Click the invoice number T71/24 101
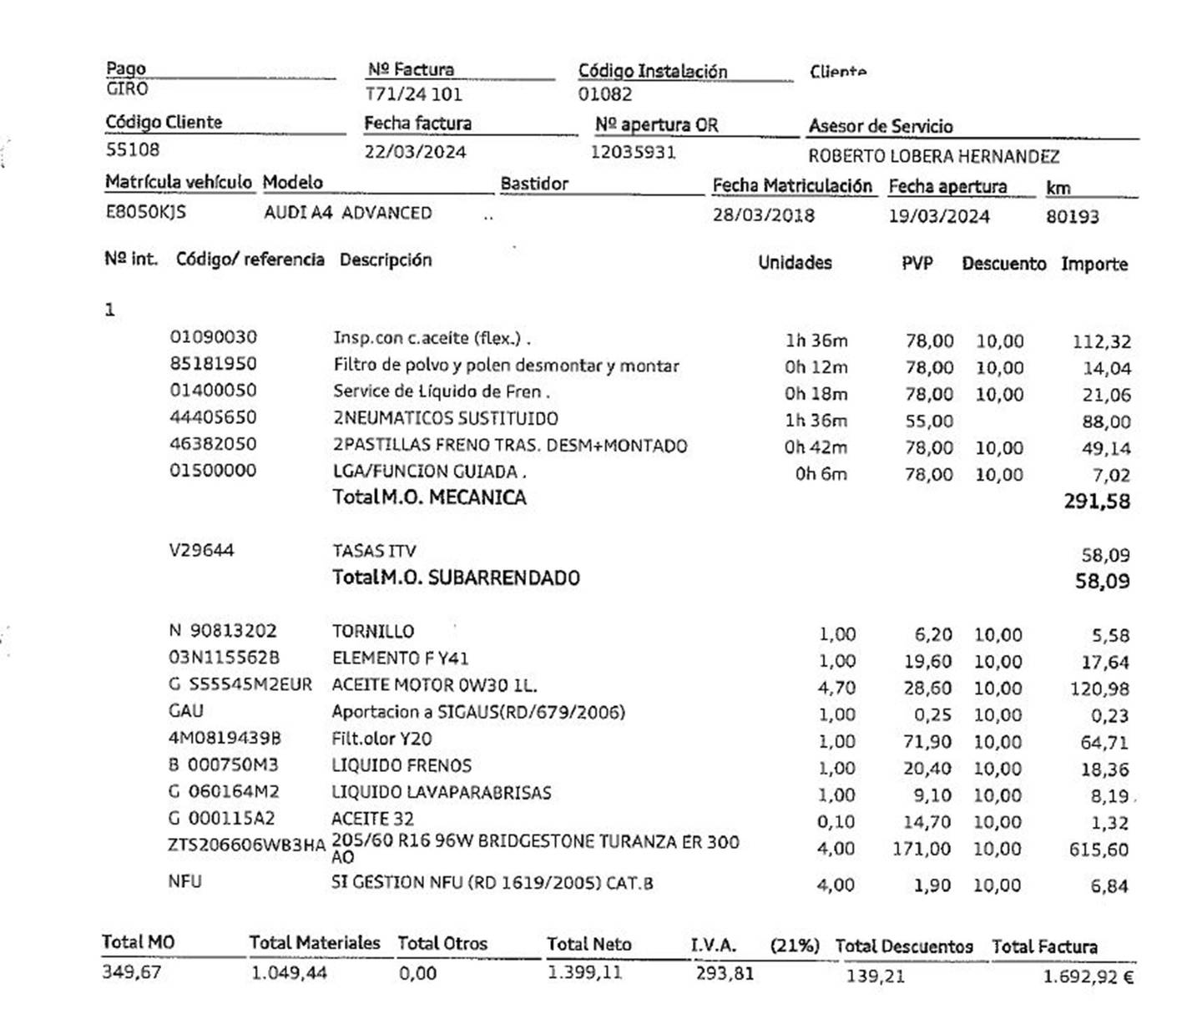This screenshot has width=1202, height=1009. point(414,94)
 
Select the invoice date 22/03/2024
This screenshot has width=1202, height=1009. point(415,152)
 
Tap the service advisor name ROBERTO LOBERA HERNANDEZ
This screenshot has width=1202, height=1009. point(933,156)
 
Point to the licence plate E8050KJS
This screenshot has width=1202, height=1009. point(145,212)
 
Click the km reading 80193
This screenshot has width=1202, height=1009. point(1072,217)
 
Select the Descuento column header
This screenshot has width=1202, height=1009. point(1003,264)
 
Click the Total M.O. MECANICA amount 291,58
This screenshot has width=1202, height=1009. point(1097,502)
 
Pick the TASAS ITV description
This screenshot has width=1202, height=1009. point(374,551)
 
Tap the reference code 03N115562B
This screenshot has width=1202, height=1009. point(225,658)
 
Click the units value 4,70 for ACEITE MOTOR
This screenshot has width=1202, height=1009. point(836,688)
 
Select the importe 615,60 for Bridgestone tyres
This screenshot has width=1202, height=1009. point(1098,850)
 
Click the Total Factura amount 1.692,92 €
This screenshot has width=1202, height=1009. point(1088,976)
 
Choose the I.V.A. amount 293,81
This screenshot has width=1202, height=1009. point(725,973)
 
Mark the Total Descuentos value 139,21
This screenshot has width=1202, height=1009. point(875,976)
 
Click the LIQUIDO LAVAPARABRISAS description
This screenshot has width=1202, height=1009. point(441,792)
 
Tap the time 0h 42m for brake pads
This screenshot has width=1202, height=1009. point(815,447)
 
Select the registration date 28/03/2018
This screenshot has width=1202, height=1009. point(763,215)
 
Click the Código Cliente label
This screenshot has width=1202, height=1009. point(164,123)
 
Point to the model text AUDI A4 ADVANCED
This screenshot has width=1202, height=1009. point(347,213)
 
